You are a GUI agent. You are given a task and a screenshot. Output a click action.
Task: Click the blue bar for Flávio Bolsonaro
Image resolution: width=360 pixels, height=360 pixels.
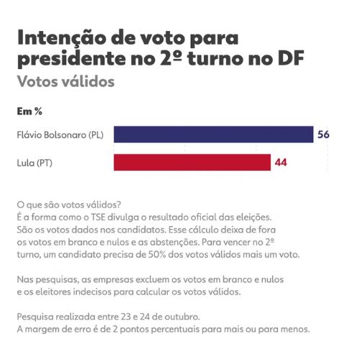[x=214, y=135]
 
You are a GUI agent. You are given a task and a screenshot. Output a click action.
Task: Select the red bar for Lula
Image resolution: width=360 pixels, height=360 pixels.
[x=192, y=163]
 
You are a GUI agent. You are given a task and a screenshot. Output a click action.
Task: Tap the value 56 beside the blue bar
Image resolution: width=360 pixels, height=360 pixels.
[x=323, y=135]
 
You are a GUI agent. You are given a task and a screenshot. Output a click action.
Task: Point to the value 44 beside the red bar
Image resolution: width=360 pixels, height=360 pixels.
[x=281, y=163]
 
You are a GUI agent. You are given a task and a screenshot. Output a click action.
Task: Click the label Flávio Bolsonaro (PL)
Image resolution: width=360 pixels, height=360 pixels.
[x=60, y=135]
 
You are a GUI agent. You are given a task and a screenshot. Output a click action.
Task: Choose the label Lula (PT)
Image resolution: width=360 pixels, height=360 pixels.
[x=35, y=163]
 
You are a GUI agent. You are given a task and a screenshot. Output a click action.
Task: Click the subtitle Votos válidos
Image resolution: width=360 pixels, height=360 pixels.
[x=66, y=81]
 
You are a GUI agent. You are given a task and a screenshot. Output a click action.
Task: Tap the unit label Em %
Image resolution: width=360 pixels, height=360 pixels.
[x=30, y=112]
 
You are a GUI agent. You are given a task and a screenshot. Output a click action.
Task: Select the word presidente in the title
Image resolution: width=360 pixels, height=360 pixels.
[x=71, y=58]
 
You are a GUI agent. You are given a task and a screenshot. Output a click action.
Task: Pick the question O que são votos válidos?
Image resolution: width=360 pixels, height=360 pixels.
[x=69, y=204]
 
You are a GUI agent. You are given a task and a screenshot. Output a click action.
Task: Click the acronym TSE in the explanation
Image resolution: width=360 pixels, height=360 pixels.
[x=98, y=217]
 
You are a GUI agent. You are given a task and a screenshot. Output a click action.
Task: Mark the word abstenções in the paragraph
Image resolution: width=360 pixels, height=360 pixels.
[x=174, y=242]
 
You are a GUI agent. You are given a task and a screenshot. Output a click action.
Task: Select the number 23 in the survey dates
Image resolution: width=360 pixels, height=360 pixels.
[x=125, y=317]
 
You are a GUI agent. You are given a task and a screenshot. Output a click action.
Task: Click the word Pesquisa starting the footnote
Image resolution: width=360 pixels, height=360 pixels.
[x=35, y=317]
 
